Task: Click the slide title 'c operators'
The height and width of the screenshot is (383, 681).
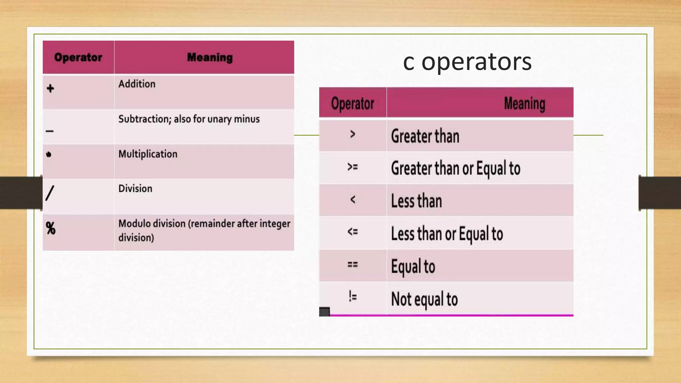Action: (x=467, y=62)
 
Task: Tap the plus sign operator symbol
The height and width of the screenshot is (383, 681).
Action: (x=50, y=88)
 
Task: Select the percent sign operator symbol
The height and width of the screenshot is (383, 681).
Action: (x=51, y=228)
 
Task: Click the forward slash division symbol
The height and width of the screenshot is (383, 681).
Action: (x=50, y=193)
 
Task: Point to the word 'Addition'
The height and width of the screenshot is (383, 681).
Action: (x=137, y=84)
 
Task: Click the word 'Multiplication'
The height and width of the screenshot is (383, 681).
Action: (x=148, y=154)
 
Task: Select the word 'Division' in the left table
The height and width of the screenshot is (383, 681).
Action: (x=135, y=189)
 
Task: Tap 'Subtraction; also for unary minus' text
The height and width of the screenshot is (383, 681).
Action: (x=189, y=119)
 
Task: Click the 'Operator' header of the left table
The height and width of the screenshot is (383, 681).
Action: (x=78, y=57)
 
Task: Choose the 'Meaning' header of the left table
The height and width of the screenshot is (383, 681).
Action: (x=210, y=57)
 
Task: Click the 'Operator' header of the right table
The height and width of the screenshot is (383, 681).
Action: (x=352, y=103)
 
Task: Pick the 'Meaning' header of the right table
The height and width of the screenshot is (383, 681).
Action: (x=524, y=103)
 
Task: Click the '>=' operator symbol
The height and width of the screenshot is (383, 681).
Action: (x=352, y=167)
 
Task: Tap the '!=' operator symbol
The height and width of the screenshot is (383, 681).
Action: (x=352, y=296)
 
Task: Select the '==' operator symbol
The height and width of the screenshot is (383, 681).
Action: (x=352, y=265)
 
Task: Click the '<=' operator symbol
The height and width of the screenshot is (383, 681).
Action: (x=352, y=231)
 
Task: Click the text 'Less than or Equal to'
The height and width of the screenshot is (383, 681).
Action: (x=447, y=234)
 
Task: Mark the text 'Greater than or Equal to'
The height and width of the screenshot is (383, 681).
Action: (x=455, y=168)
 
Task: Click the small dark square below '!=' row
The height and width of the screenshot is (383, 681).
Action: (x=324, y=312)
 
